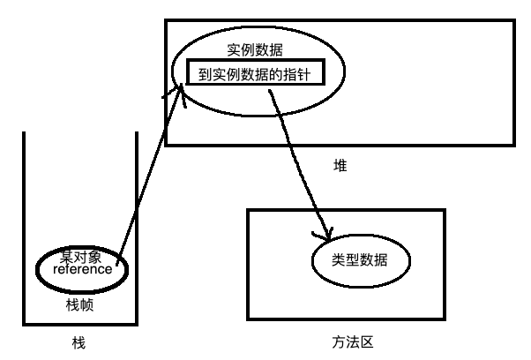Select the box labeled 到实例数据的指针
coord(256,74)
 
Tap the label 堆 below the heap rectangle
coord(340,165)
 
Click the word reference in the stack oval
coord(82,270)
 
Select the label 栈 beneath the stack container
coord(80,342)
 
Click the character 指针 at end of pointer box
coord(305,74)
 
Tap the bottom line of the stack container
coord(80,325)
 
